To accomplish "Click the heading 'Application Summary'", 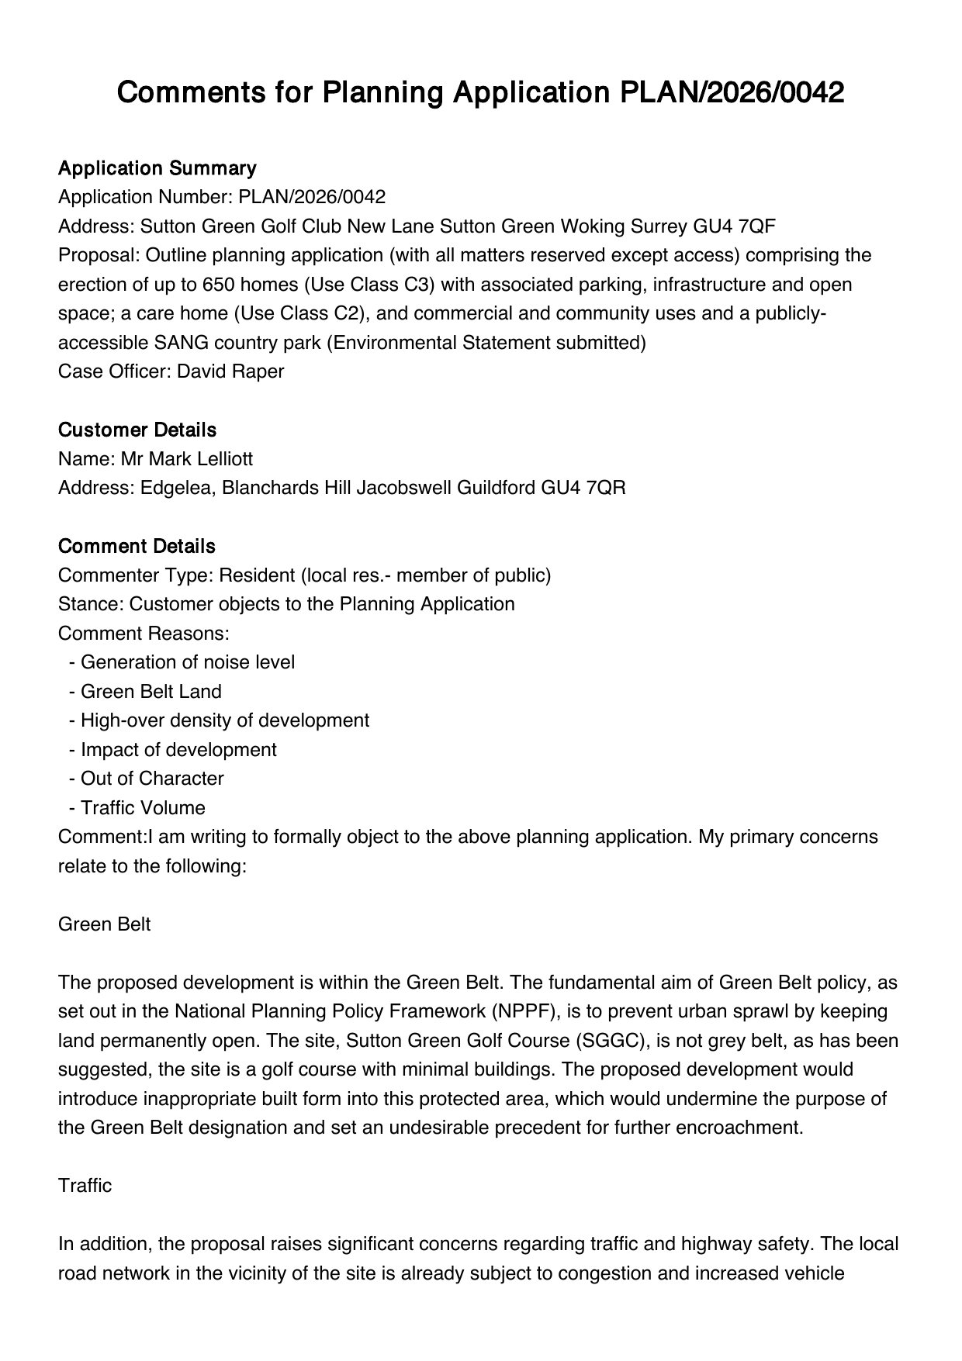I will click(157, 168).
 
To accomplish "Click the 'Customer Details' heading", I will click(137, 430).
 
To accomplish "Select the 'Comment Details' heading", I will click(136, 546).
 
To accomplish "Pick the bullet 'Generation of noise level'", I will click(187, 662).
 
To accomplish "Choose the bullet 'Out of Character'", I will click(151, 779).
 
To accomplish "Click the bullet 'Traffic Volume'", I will click(143, 808).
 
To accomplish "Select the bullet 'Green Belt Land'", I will click(151, 692).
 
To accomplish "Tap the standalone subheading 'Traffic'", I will click(85, 1186).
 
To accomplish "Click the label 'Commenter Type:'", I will click(136, 575).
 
